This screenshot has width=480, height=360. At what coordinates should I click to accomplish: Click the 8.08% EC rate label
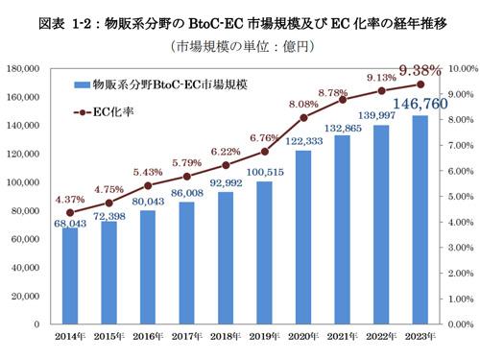[302, 104]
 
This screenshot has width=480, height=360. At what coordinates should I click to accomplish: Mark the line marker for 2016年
[146, 185]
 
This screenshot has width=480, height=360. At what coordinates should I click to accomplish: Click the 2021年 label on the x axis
[338, 336]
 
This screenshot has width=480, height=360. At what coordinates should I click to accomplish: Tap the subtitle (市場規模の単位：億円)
[240, 46]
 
